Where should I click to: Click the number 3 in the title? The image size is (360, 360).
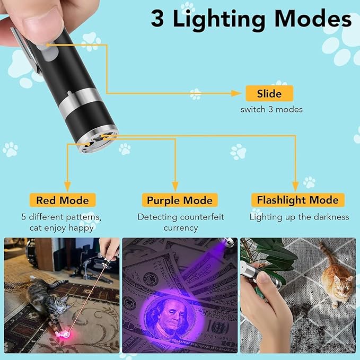coord(157,19)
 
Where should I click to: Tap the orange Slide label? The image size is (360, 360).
coord(269,93)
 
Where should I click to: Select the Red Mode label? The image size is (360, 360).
coord(63,200)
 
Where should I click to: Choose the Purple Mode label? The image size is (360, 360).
coord(180,200)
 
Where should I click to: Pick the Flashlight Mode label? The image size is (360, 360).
coord(298,200)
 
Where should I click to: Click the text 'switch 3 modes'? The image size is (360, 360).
coord(271,110)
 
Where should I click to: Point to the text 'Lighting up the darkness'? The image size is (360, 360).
coord(300,217)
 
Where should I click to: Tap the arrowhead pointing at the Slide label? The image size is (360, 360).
coord(237,93)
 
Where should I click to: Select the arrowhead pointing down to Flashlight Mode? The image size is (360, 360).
coord(296,187)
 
